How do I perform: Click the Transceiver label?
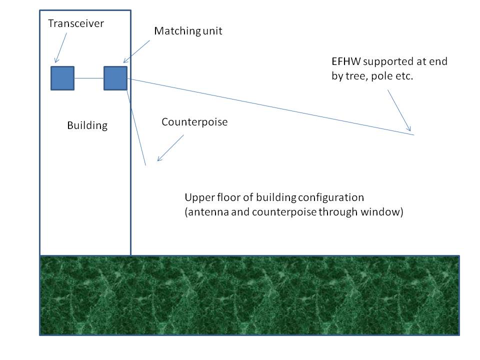(x=76, y=23)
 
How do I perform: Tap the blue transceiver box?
(x=62, y=78)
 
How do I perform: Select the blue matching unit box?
(x=115, y=78)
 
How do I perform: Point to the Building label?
(x=87, y=125)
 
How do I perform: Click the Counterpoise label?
(x=194, y=122)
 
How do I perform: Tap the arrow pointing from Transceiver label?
(x=60, y=48)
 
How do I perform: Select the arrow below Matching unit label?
(x=136, y=51)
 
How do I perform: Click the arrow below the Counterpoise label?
(x=170, y=148)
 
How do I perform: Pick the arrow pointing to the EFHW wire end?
(x=399, y=110)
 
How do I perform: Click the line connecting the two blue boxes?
(x=89, y=78)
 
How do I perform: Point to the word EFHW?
(x=346, y=61)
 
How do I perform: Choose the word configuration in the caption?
(x=331, y=198)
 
